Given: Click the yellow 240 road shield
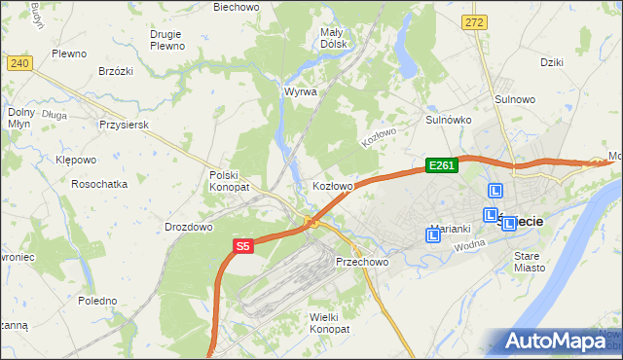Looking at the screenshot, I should tap(19, 63).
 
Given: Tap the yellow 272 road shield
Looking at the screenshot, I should tap(474, 22).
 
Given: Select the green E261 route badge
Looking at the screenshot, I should tap(441, 166).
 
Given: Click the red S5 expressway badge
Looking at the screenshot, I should tap(242, 247).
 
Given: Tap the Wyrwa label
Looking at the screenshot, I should tap(300, 91).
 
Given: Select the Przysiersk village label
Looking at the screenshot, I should tap(123, 125).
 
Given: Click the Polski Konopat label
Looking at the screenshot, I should tap(230, 181).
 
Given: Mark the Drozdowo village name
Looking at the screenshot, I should tap(189, 227).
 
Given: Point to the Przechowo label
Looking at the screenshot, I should tap(362, 262).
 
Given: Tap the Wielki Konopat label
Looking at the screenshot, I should tap(329, 323).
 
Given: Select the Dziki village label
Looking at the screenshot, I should tap(552, 62).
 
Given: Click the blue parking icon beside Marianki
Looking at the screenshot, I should tap(433, 234).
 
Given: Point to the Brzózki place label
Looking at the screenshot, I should tap(116, 71).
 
